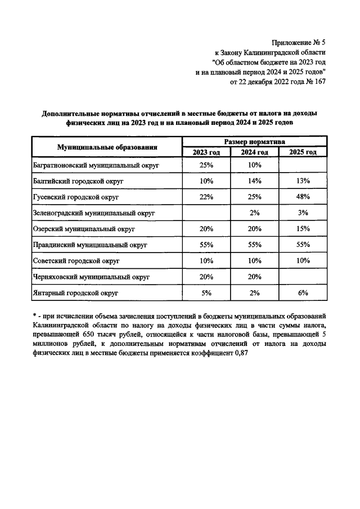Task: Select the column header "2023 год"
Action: coord(206,152)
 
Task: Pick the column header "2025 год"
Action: coord(303,152)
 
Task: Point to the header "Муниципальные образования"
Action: coord(106,147)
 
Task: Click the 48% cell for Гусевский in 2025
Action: coord(303,197)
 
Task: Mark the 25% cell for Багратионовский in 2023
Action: coord(206,166)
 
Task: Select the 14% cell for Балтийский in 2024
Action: coord(255,182)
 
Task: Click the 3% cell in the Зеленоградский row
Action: coord(303,213)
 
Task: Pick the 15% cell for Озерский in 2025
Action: coord(303,229)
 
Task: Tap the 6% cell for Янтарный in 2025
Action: coord(303,292)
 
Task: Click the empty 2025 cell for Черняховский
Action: coord(303,277)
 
